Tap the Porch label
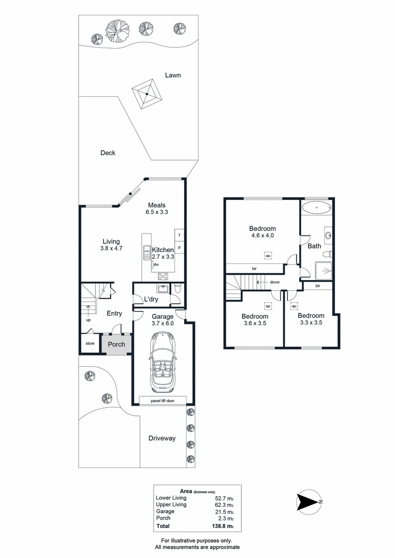[116, 344]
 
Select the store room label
[90, 343]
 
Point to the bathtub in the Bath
[316, 209]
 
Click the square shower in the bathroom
[322, 270]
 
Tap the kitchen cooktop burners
[163, 275]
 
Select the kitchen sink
[146, 253]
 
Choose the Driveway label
[162, 438]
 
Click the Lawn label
[173, 75]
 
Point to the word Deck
[108, 153]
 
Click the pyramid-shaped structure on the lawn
[147, 94]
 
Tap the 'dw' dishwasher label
[156, 265]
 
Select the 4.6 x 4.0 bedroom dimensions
[262, 236]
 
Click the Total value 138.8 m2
[223, 526]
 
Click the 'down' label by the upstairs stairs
[275, 282]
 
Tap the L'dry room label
[151, 299]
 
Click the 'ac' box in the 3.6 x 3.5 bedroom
[268, 305]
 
